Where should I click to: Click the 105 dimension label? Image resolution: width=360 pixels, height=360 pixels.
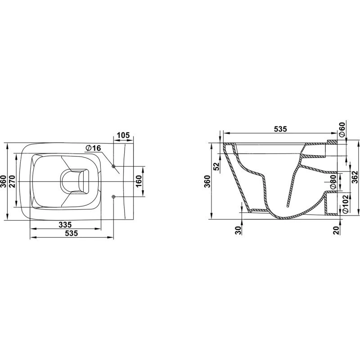[123, 135]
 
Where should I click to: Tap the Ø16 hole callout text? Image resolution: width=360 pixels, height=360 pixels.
[93, 148]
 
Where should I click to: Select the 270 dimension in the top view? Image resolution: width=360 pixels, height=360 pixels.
[12, 181]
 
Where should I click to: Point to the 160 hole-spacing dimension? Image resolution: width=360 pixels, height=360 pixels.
[139, 181]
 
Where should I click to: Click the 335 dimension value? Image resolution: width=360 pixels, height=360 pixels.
[65, 224]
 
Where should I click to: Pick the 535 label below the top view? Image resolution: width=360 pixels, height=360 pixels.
[72, 233]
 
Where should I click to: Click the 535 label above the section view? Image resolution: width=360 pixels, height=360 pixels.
[280, 129]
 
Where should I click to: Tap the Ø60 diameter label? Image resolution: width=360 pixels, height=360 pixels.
[342, 130]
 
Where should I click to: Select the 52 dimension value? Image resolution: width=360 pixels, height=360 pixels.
[216, 166]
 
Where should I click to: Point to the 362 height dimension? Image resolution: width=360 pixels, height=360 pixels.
[355, 177]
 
